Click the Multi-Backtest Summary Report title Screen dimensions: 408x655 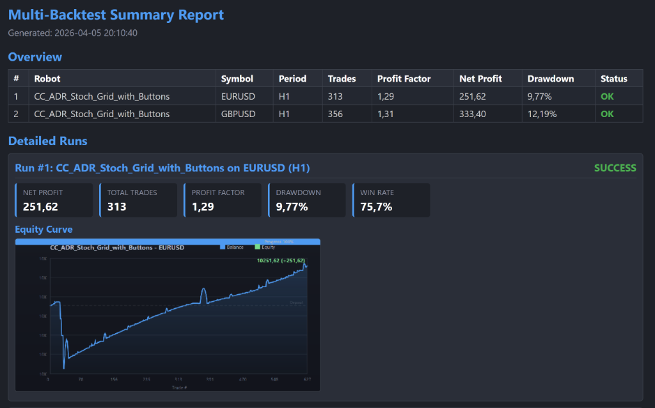[116, 15]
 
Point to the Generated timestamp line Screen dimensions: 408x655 [72, 33]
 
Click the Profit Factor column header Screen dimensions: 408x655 [404, 79]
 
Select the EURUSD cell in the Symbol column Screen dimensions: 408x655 [238, 97]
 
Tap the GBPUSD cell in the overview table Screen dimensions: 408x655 [238, 114]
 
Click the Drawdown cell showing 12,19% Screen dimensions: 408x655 [542, 114]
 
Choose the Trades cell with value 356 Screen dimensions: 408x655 [335, 114]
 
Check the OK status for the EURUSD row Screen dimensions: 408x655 [606, 97]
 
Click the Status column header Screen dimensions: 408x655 [613, 79]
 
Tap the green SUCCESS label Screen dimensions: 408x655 [615, 168]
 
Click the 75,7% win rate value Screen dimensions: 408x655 [376, 207]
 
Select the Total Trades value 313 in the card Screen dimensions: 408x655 [116, 207]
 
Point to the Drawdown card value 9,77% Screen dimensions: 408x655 [292, 207]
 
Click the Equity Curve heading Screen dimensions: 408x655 [43, 229]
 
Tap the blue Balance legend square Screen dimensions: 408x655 [223, 247]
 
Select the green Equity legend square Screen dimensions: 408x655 [258, 247]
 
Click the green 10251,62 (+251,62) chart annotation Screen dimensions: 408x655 [280, 260]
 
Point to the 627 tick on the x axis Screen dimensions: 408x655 [307, 379]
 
